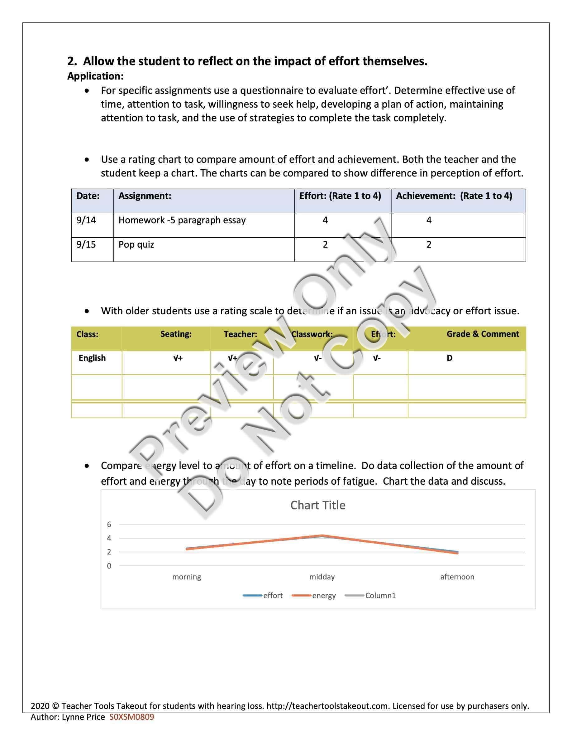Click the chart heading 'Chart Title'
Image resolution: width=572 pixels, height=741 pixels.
(317, 505)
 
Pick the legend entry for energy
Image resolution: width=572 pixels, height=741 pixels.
(314, 595)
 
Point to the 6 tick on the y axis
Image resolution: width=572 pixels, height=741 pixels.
(109, 524)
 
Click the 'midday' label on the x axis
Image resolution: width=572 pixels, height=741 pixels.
(322, 577)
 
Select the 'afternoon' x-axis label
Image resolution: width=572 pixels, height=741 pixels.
(457, 577)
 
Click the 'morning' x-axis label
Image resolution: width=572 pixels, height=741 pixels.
(186, 577)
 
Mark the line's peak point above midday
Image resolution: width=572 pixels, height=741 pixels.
(322, 536)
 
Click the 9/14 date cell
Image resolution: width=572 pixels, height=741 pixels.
(86, 220)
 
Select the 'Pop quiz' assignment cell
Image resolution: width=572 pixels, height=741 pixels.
(136, 245)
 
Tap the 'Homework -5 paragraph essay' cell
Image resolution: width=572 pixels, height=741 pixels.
(182, 220)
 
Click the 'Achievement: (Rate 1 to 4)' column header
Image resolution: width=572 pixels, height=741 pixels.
(454, 196)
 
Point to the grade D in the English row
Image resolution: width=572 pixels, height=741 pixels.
(449, 358)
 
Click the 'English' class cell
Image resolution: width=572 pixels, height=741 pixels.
(92, 358)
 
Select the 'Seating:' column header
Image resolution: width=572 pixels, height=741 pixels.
(176, 334)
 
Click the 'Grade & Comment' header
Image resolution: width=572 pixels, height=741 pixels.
(483, 334)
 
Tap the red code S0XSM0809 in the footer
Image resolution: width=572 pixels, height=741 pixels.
(131, 717)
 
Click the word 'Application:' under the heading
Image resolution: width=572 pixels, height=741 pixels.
(95, 76)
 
